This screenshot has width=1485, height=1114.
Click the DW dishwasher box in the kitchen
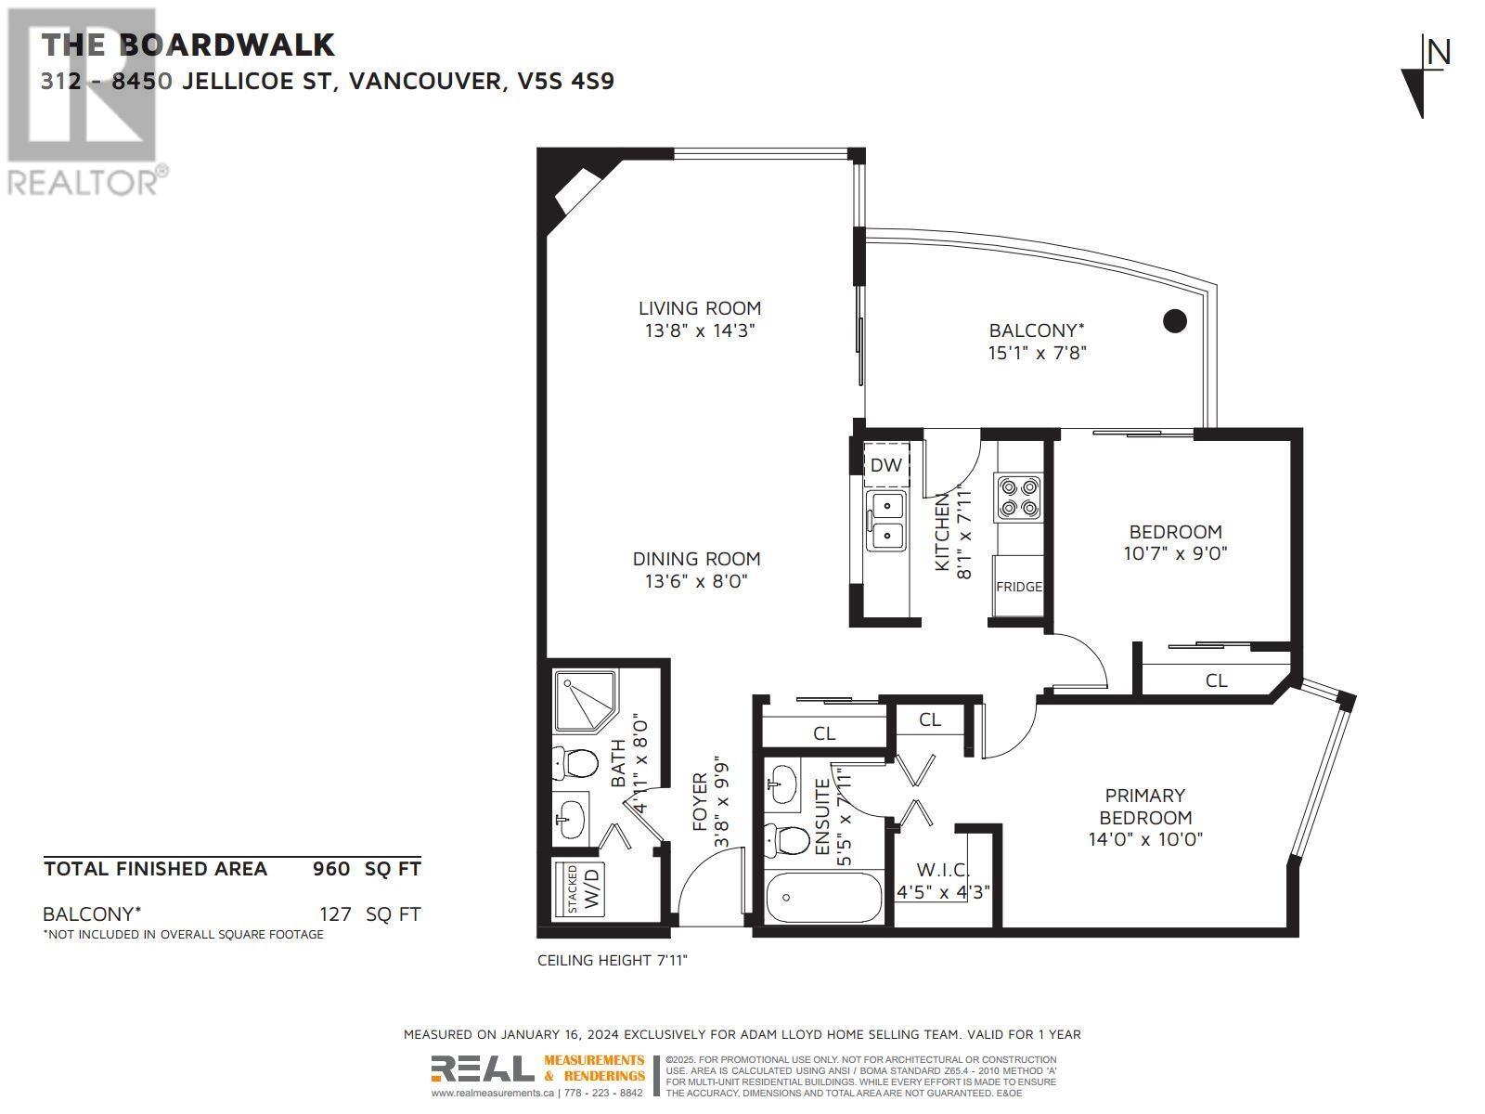tap(886, 465)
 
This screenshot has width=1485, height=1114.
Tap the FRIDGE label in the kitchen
tap(1019, 587)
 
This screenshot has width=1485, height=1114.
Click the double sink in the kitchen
tap(886, 521)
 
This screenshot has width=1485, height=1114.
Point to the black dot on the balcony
tap(1175, 321)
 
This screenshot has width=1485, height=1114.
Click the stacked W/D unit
tap(579, 888)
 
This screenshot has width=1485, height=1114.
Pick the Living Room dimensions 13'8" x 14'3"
tap(699, 330)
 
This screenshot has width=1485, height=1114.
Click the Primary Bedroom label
tap(1145, 806)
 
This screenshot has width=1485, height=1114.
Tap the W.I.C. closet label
tap(943, 871)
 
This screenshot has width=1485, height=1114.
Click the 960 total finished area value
tap(331, 869)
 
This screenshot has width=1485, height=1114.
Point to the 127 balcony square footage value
tap(335, 914)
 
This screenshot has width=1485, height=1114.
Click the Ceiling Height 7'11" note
tap(613, 960)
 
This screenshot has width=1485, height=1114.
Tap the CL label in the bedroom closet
tap(1216, 680)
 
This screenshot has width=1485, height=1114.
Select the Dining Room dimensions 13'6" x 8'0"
tap(696, 581)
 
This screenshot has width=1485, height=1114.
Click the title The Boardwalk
tap(188, 45)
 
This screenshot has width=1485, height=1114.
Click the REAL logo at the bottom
tap(482, 1070)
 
